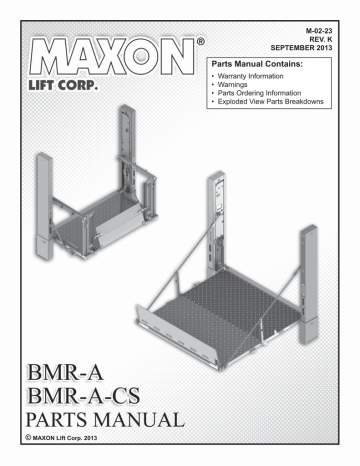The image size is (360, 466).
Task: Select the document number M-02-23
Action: [x=320, y=31]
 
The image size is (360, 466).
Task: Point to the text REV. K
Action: [x=324, y=39]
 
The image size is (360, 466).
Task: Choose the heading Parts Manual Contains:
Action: [x=256, y=63]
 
